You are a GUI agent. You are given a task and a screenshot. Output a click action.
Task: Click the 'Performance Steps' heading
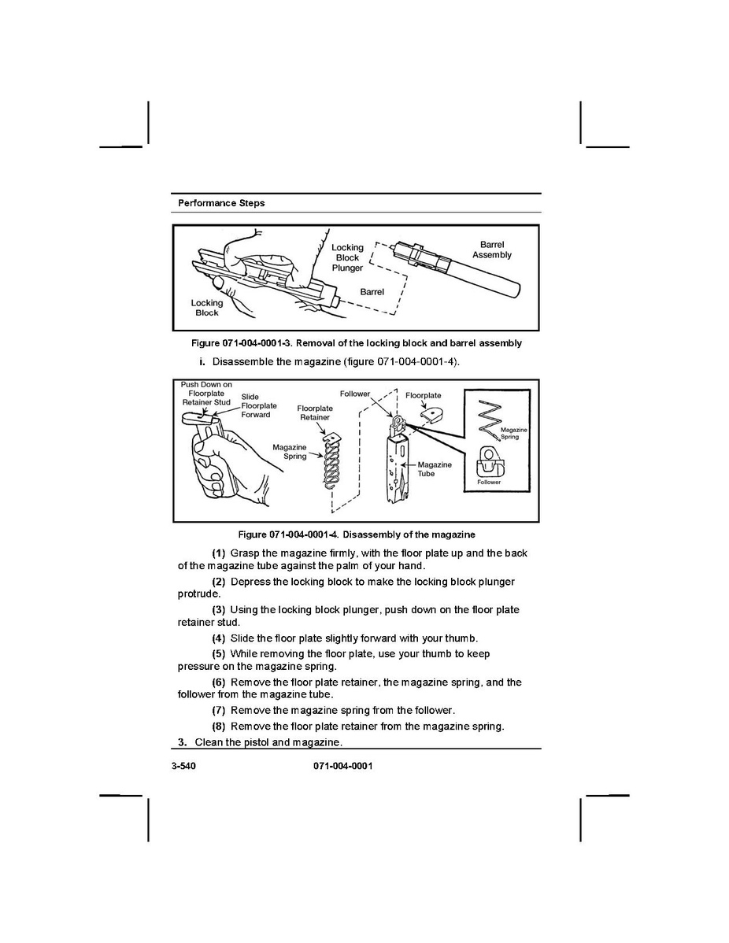(x=221, y=203)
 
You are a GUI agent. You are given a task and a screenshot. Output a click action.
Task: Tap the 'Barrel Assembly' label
(x=492, y=250)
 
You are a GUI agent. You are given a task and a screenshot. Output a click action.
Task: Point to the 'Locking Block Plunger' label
(x=348, y=257)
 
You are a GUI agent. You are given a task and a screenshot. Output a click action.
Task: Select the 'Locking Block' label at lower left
(x=207, y=308)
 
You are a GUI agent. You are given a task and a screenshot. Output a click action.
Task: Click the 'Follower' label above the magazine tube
(x=355, y=394)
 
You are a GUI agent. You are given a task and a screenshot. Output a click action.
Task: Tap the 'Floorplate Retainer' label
(x=315, y=412)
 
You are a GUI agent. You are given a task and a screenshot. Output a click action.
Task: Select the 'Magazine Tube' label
(x=435, y=469)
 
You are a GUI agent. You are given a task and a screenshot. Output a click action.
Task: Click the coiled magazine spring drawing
(x=331, y=462)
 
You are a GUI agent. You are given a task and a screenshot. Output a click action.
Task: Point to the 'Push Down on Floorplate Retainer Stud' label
(x=206, y=394)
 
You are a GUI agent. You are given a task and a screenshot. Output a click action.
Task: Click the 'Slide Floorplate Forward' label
(x=259, y=405)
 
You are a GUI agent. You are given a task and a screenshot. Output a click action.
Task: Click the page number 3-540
(x=183, y=766)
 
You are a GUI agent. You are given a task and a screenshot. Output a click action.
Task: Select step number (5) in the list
(x=218, y=654)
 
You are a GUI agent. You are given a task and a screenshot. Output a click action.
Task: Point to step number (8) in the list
(x=218, y=727)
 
